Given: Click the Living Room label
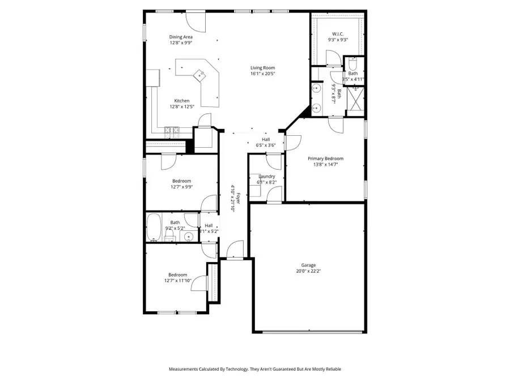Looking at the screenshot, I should coord(262,68).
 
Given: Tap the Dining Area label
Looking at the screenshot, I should coord(180,37).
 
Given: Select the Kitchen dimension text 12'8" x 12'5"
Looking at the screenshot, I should coord(181,107).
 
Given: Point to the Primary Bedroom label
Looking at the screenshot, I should coord(325,158).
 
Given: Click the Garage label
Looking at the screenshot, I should coord(308,265).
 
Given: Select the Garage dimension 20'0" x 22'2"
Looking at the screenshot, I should coord(308,271).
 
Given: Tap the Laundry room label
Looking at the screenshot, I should coord(266,177).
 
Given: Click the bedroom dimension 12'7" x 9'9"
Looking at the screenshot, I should coord(182,187).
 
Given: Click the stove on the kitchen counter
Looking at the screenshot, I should coord(172,131).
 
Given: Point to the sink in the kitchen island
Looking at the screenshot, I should coord(200,74).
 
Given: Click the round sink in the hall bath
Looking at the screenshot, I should coord(189,236).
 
